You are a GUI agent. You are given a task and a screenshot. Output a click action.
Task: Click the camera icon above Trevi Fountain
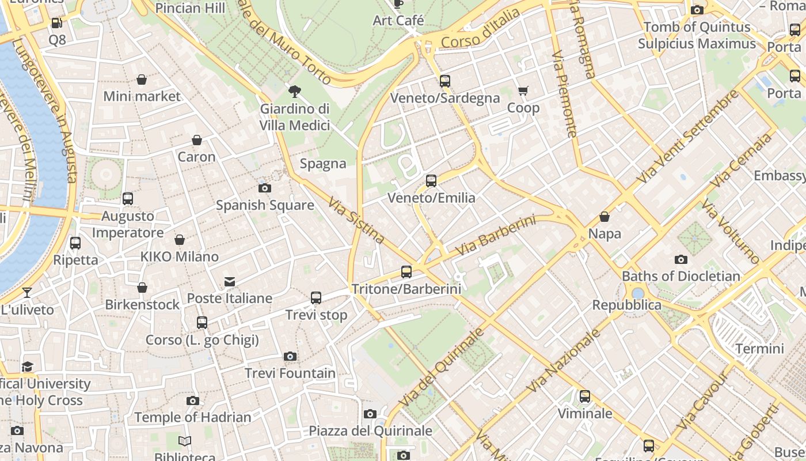(x=290, y=357)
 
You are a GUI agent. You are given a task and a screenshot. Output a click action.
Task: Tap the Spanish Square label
(x=265, y=205)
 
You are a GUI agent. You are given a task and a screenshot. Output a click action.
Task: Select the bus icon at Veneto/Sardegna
(x=445, y=81)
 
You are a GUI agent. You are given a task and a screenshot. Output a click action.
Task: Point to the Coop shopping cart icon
(x=523, y=91)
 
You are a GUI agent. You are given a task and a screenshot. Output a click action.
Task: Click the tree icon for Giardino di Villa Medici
(x=295, y=91)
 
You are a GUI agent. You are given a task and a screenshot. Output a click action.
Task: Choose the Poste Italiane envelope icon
(x=230, y=282)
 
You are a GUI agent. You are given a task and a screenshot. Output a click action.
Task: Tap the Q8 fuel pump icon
(x=57, y=23)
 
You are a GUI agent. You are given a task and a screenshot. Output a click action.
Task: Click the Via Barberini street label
(x=495, y=236)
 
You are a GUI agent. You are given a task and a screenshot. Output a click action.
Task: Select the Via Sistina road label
(x=356, y=220)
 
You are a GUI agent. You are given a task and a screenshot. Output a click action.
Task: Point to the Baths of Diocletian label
(x=681, y=276)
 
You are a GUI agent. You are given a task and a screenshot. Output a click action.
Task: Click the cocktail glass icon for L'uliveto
(x=27, y=293)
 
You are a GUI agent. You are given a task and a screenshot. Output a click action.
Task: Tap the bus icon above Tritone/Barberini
(x=406, y=272)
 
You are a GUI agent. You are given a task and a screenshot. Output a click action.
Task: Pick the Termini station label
(x=759, y=349)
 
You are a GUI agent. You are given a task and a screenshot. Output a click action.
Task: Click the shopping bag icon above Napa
(x=604, y=217)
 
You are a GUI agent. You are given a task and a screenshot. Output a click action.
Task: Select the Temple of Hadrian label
(x=193, y=417)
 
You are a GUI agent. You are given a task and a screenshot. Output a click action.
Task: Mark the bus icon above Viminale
(x=585, y=396)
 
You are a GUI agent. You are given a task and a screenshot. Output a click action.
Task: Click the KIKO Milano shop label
(x=180, y=257)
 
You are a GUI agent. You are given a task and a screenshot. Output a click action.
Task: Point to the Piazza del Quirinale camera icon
(x=370, y=414)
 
